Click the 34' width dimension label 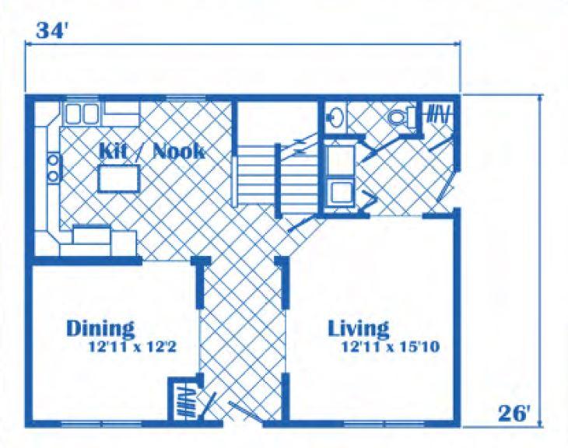click(x=52, y=30)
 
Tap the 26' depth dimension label click(x=514, y=413)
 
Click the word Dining click(x=100, y=328)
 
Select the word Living click(x=359, y=328)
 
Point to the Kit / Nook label click(x=152, y=151)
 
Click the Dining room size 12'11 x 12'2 click(x=132, y=348)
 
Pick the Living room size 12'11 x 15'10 click(x=391, y=347)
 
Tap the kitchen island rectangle click(x=119, y=178)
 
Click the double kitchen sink click(x=82, y=114)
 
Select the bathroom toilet click(x=402, y=117)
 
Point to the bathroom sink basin click(x=334, y=117)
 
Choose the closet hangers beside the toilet click(x=440, y=114)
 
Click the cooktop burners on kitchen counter click(x=54, y=168)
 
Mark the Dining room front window click(x=101, y=423)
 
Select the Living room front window click(x=384, y=423)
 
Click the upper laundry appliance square click(x=341, y=160)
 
